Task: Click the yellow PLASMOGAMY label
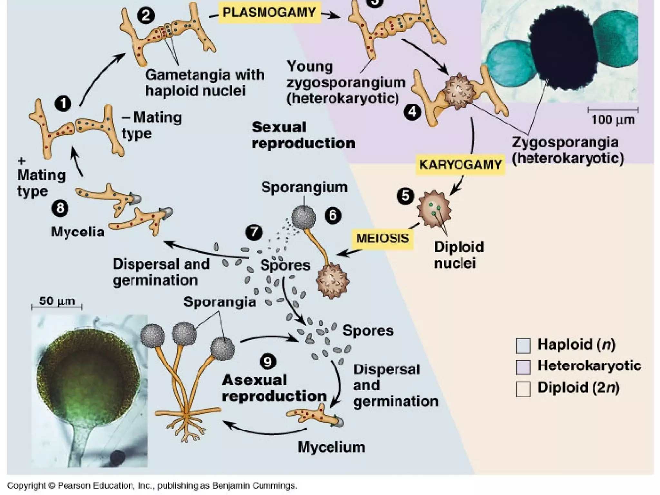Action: tap(269, 13)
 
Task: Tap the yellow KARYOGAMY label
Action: tap(460, 165)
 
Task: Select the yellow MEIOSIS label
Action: tap(383, 238)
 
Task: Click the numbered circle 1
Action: tap(63, 103)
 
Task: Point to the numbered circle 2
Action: tap(146, 15)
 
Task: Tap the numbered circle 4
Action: tap(412, 112)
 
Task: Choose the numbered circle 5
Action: tap(405, 196)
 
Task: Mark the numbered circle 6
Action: tap(333, 215)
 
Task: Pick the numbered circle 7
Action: tap(254, 232)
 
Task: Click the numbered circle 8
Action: tap(60, 208)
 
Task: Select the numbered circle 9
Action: tap(268, 361)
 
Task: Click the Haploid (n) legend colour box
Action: tap(523, 346)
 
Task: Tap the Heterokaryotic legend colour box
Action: tap(523, 367)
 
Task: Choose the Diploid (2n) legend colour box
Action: tap(523, 389)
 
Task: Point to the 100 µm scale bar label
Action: tap(613, 120)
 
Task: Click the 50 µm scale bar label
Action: tap(57, 301)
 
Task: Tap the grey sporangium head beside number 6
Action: tap(303, 218)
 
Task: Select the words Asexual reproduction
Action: tap(274, 388)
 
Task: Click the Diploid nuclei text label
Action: tap(459, 255)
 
